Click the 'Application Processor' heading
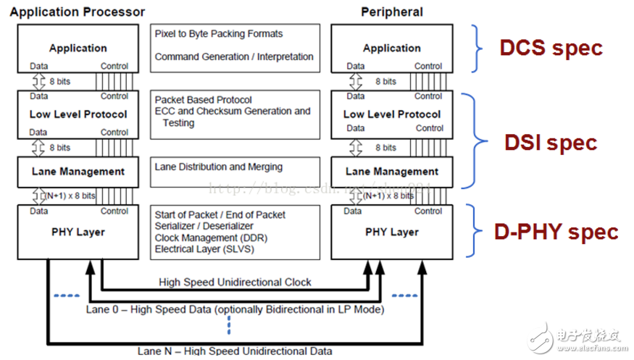(x=78, y=12)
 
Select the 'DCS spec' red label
(x=551, y=49)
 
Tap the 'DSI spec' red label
(x=551, y=142)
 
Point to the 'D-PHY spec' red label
(x=556, y=232)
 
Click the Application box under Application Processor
(x=78, y=49)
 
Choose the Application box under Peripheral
(x=391, y=49)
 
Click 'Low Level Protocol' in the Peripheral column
(x=391, y=114)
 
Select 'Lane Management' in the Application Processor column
(x=78, y=172)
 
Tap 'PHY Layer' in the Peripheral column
(x=391, y=232)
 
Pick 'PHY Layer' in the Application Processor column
(x=78, y=232)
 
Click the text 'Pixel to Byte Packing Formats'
(x=218, y=34)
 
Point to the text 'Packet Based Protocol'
(x=203, y=100)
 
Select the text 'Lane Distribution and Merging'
(x=218, y=167)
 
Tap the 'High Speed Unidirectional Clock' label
(x=234, y=282)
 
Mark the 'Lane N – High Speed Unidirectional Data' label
(x=233, y=351)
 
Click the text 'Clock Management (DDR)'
(x=209, y=238)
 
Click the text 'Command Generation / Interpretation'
(x=233, y=56)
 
